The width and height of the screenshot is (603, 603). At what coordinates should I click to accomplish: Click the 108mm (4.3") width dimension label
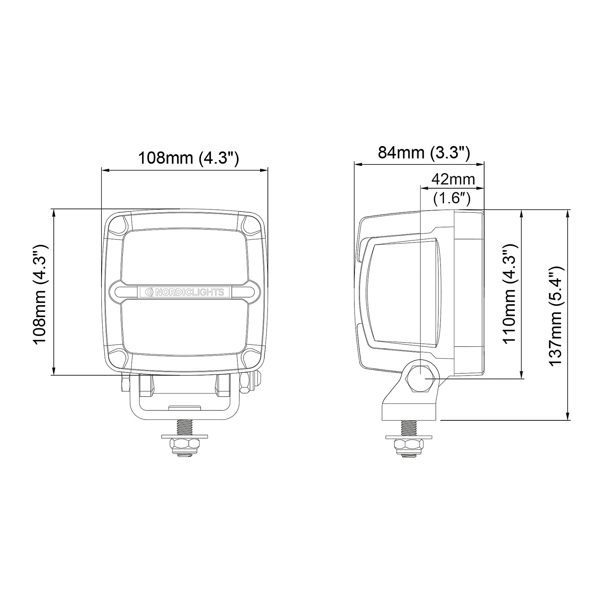(188, 158)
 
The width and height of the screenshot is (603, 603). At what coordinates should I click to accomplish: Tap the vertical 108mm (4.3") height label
(40, 294)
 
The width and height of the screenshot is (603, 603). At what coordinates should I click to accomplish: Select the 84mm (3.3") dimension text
(424, 153)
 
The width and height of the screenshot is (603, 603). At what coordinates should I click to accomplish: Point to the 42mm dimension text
(453, 179)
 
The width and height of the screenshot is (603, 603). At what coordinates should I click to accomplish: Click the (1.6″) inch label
(452, 198)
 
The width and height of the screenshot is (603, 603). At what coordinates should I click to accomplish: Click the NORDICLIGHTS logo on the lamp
(185, 292)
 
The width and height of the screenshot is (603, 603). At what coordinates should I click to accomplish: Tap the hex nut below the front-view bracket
(184, 445)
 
